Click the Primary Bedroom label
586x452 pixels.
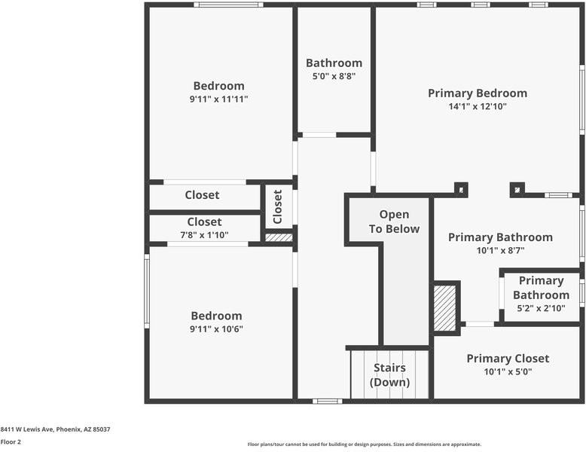478,93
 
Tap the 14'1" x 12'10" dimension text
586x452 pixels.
478,107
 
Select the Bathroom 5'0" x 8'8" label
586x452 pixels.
334,63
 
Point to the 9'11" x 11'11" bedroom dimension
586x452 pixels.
218,99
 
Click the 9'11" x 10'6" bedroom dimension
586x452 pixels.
216,329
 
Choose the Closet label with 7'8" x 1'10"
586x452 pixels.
204,222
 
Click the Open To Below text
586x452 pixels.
394,222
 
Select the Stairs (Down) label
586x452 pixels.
389,375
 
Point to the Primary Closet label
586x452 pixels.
508,359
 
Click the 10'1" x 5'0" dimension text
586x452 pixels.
508,372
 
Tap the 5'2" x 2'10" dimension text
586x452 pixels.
541,308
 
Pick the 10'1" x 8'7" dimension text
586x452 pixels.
500,251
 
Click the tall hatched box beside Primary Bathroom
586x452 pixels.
445,307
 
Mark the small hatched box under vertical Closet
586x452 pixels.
279,237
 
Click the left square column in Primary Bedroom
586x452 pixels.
461,189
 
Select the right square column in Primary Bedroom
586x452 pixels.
517,189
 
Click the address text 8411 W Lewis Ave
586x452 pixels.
55,429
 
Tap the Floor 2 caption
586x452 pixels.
11,442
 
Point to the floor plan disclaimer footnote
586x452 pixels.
365,444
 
